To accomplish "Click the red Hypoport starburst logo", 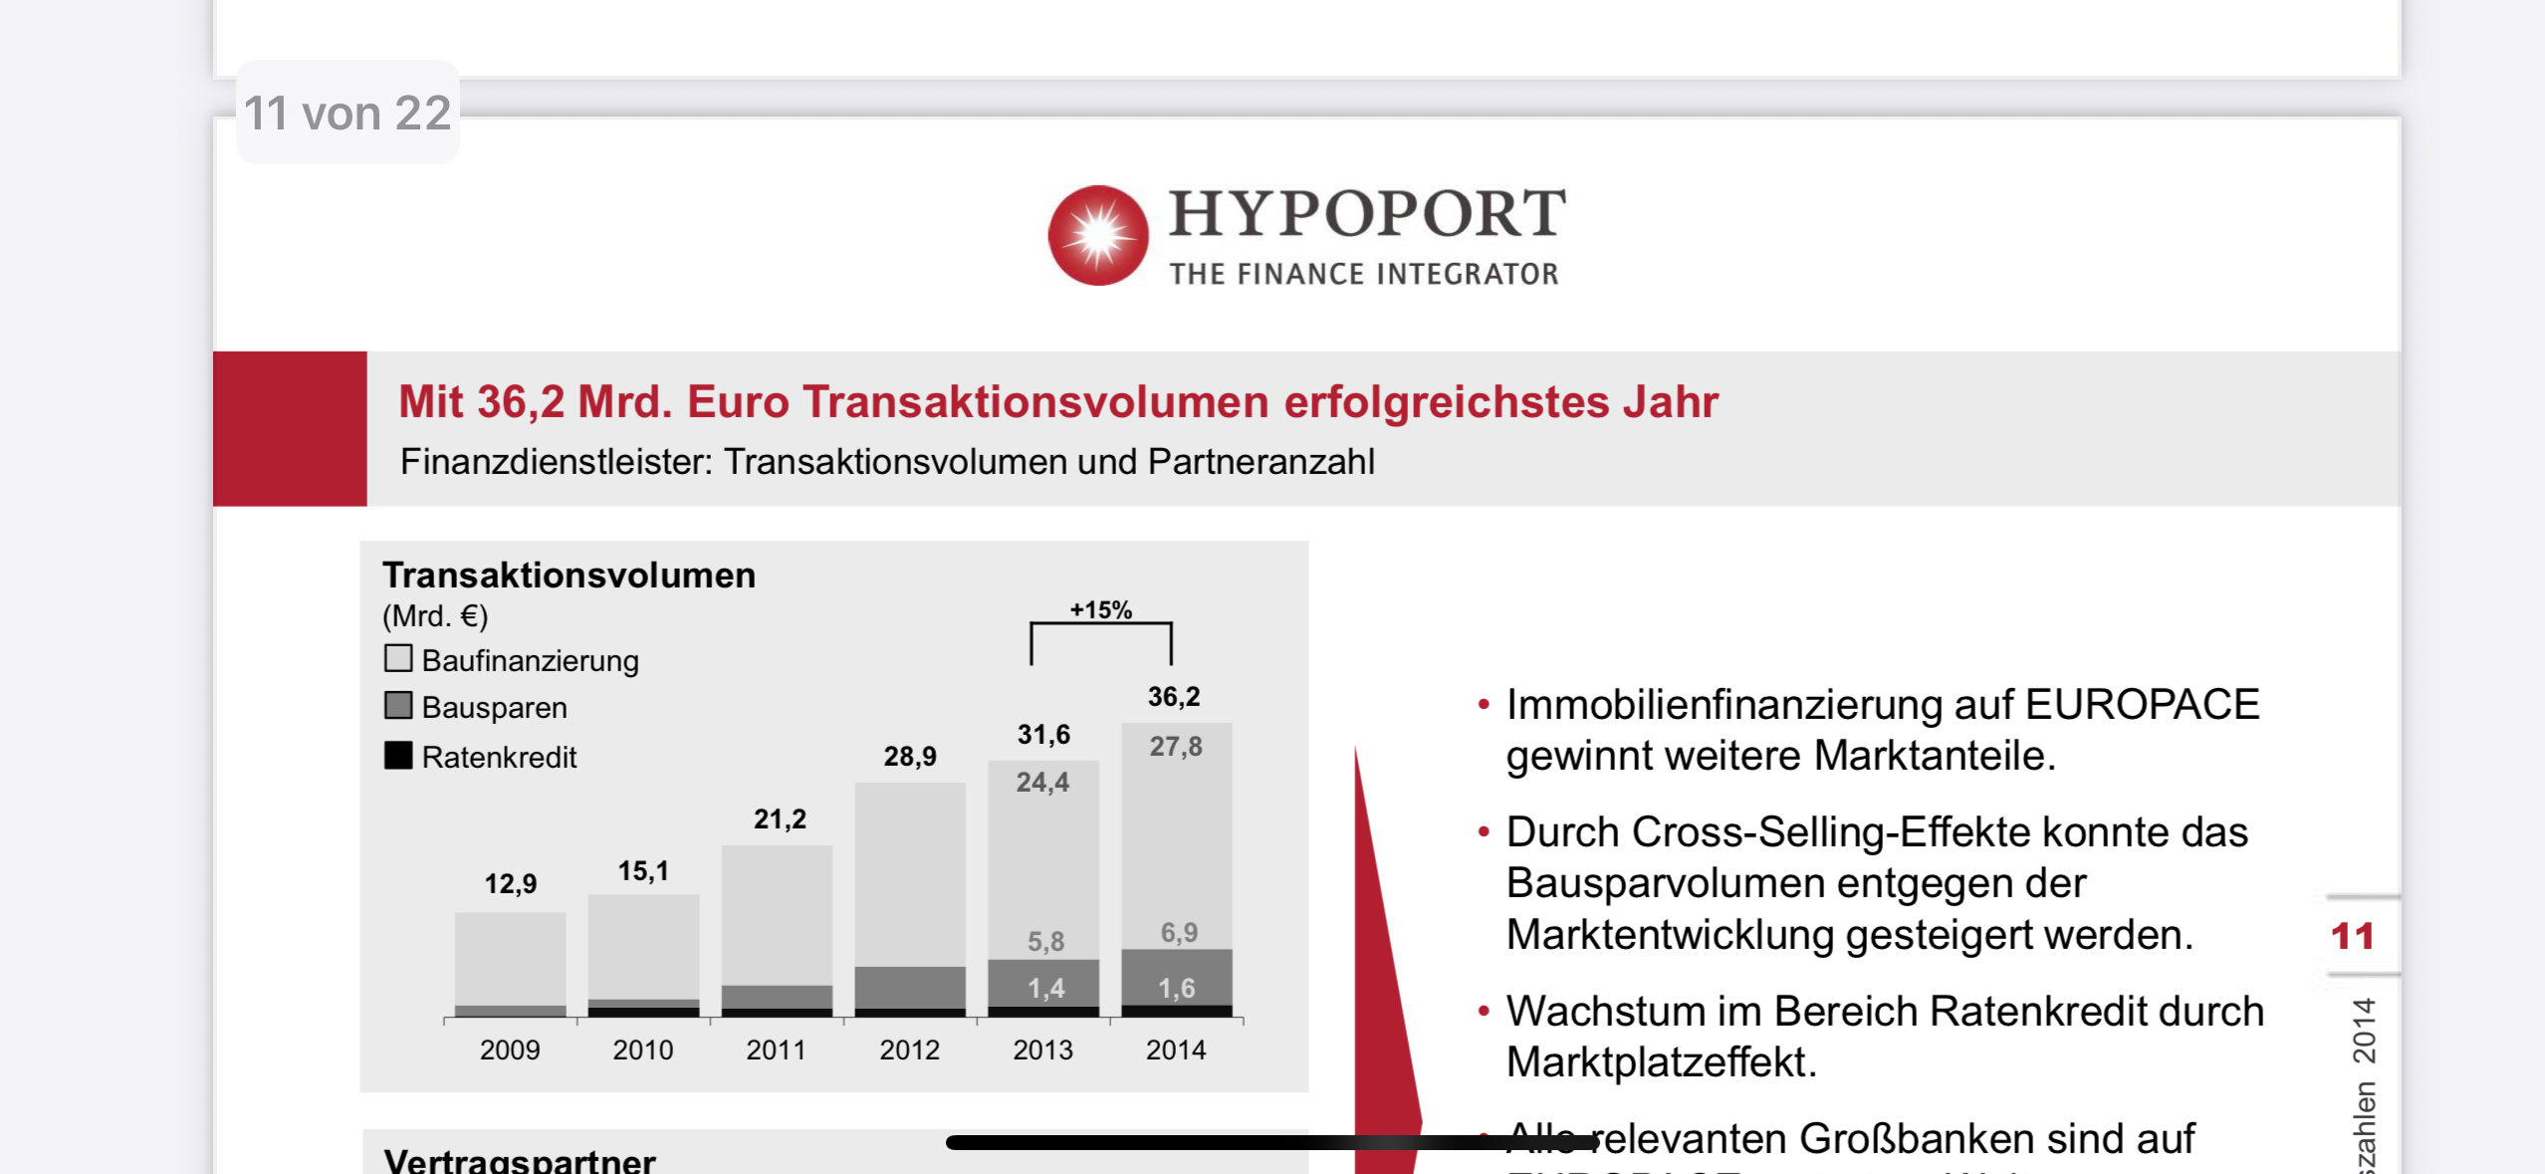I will tap(1098, 235).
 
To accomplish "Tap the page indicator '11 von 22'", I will tap(347, 113).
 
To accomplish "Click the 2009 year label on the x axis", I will tap(510, 1050).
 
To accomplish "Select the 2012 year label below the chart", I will tap(909, 1050).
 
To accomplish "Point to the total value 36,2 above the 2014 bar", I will tap(1174, 696).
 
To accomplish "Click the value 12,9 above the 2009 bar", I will tap(510, 883).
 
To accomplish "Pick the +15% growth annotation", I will tap(1100, 609).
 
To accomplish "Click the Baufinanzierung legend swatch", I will tap(398, 658).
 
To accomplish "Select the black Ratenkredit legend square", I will tap(398, 755).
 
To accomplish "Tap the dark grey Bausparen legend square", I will tap(398, 706).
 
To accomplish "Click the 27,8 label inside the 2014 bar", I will tap(1176, 747).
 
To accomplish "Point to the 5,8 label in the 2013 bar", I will tap(1045, 941).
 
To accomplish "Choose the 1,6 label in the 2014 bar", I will tap(1176, 988).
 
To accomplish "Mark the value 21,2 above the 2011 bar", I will tap(780, 819).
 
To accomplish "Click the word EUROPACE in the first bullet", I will tap(2142, 704).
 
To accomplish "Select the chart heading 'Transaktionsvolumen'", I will tap(569, 575).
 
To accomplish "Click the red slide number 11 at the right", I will tap(2352, 936).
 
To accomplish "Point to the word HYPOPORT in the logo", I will tap(1367, 213).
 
